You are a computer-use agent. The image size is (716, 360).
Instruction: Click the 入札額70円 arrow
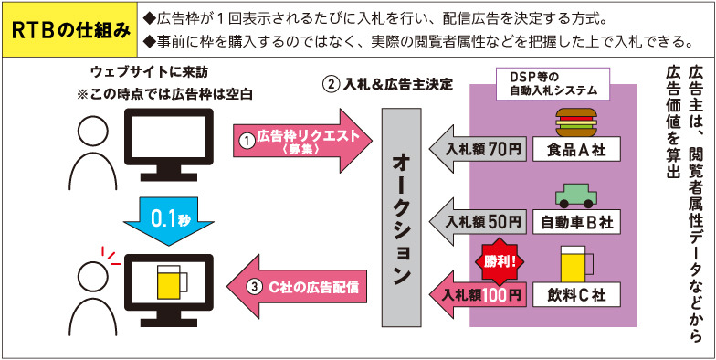(479, 148)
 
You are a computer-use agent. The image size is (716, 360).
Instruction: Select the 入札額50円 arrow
(479, 221)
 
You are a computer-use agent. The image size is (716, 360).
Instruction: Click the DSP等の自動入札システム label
(550, 84)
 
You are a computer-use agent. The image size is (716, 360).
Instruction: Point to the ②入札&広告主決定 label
(388, 84)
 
